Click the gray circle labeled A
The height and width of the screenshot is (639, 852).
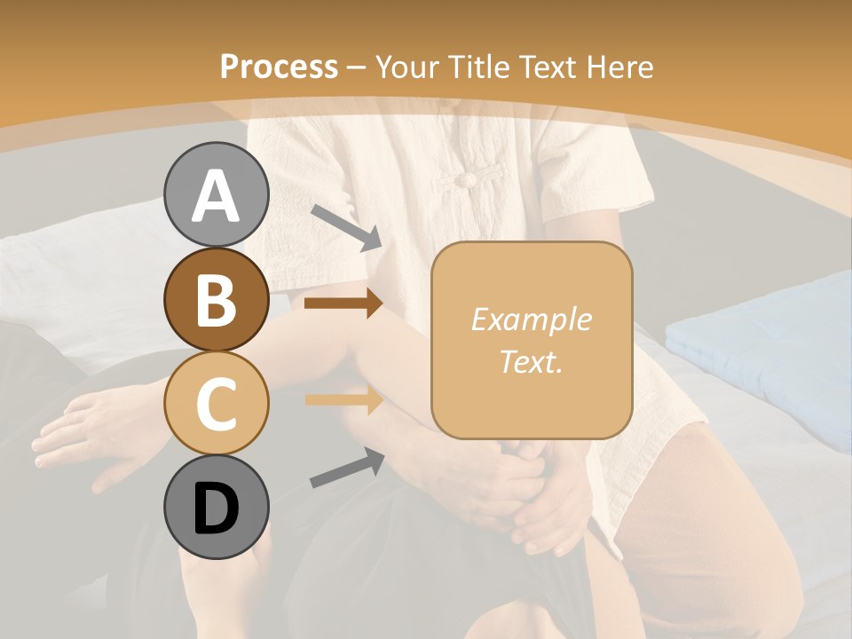217,195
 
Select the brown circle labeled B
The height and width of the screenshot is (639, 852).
217,300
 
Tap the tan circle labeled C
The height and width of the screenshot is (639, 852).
217,403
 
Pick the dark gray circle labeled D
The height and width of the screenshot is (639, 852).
217,507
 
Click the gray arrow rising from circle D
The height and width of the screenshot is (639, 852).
347,468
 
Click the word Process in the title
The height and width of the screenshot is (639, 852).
279,67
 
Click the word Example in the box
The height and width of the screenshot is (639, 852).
531,319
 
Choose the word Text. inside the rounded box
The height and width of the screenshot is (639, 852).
531,361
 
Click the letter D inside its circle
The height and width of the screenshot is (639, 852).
217,509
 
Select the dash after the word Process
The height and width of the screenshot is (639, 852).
356,67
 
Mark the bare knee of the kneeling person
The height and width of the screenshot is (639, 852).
710,497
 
